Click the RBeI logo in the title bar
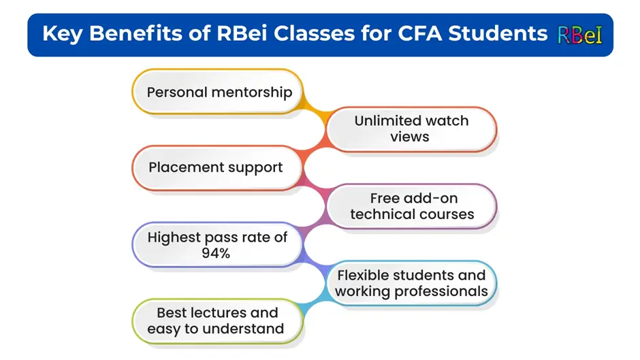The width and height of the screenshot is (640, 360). [x=579, y=35]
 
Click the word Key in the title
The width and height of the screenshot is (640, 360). [x=63, y=34]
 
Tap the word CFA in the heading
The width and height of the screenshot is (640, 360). [x=419, y=33]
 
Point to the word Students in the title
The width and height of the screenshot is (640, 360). [x=498, y=33]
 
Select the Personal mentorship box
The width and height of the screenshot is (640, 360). [x=218, y=91]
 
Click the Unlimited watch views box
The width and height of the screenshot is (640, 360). [x=411, y=129]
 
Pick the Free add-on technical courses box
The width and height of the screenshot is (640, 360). [x=411, y=206]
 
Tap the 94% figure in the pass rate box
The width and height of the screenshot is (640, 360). [x=216, y=253]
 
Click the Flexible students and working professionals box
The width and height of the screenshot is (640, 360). [x=411, y=283]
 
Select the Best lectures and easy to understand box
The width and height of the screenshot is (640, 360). [x=218, y=321]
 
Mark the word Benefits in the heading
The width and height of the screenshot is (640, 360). [x=135, y=33]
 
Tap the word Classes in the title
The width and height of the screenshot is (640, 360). [x=314, y=33]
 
